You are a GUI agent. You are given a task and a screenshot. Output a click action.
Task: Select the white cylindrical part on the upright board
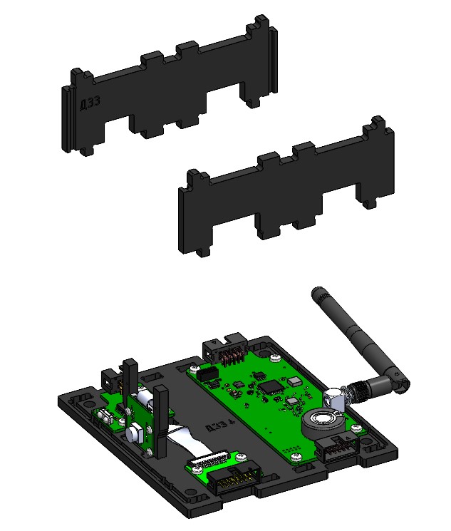point(133,432)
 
